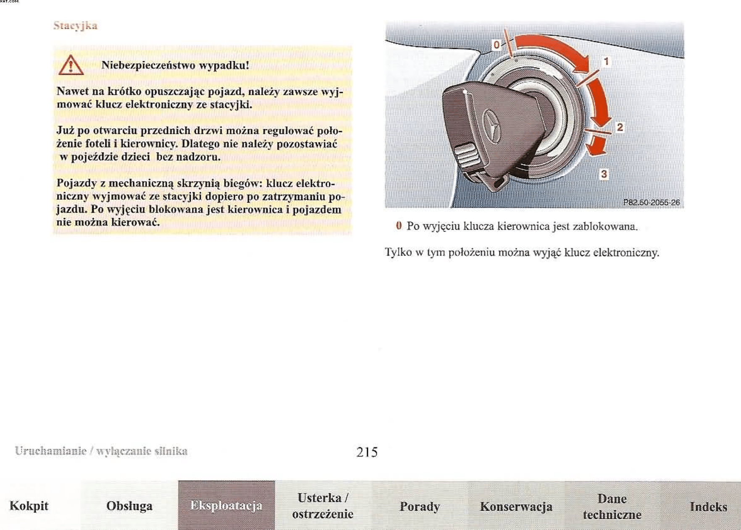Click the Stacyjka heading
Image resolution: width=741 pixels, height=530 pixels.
click(x=75, y=26)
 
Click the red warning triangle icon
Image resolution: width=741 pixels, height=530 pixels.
click(x=71, y=66)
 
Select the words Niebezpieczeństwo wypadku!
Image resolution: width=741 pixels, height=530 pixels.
click(x=175, y=65)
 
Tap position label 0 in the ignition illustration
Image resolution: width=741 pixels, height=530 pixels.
click(x=496, y=45)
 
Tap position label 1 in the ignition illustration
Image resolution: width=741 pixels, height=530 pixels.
click(x=606, y=62)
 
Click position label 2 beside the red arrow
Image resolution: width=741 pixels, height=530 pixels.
click(x=620, y=127)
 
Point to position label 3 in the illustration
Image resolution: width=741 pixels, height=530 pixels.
click(x=604, y=174)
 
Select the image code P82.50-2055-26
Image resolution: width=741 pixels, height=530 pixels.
click(x=651, y=202)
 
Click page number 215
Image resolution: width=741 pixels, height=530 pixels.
click(x=367, y=452)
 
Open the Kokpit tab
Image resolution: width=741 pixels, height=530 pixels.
click(x=29, y=506)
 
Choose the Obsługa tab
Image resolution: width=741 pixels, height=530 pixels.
click(x=129, y=506)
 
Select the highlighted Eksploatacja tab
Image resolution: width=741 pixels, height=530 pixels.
click(x=226, y=506)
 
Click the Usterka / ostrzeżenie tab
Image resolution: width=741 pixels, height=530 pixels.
click(x=323, y=506)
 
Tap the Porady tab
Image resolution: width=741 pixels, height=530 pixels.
click(x=419, y=507)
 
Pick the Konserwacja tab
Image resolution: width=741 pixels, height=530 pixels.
click(x=516, y=507)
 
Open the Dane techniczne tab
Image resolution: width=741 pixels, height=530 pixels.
click(x=612, y=507)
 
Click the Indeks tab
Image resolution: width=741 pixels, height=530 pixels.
click(x=708, y=507)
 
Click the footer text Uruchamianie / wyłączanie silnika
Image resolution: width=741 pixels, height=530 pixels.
click(x=101, y=451)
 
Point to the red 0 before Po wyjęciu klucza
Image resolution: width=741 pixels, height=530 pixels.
click(x=399, y=226)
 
